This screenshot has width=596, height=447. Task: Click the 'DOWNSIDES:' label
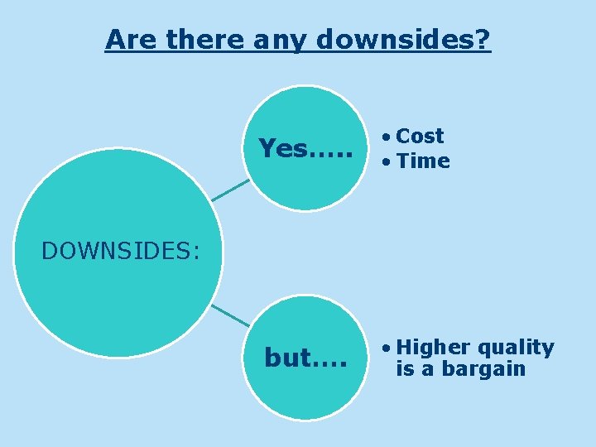(x=121, y=250)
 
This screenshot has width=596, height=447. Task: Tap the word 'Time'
(x=424, y=161)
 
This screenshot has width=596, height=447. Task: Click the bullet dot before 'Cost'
(x=386, y=137)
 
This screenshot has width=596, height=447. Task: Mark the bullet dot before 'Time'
(x=386, y=162)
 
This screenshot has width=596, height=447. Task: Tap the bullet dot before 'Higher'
(x=386, y=348)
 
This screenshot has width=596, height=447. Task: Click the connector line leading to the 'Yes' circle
(x=230, y=190)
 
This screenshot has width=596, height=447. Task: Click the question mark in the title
(x=483, y=39)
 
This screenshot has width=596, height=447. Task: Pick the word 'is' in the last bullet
(x=404, y=369)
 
